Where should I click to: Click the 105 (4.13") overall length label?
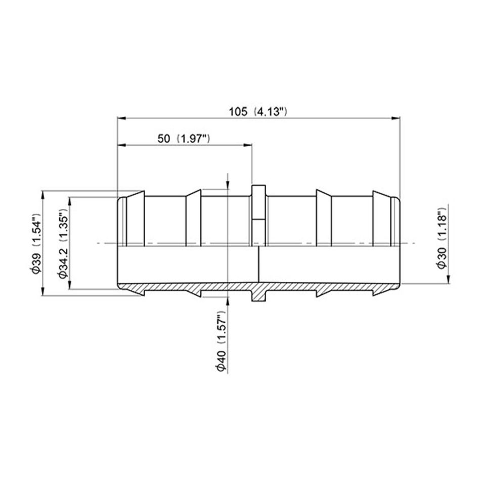click(x=258, y=112)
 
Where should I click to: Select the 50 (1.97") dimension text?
click(x=184, y=139)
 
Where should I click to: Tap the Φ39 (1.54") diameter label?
click(x=35, y=244)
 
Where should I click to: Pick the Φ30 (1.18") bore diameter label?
click(x=442, y=239)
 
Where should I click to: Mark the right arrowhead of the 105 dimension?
click(x=397, y=118)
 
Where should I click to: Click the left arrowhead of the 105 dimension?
click(x=122, y=118)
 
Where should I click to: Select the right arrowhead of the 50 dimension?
click(x=248, y=145)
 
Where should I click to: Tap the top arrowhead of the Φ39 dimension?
click(x=42, y=195)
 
